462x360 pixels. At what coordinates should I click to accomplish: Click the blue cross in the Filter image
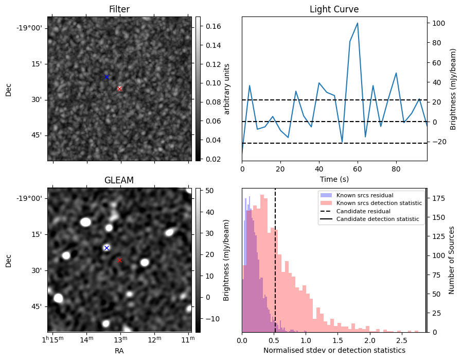point(106,77)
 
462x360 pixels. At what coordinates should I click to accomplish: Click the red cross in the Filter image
point(119,89)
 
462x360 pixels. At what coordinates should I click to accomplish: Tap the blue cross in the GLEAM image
point(106,248)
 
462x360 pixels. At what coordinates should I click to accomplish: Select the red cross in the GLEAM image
point(119,261)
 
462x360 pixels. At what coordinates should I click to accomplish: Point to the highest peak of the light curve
point(358,23)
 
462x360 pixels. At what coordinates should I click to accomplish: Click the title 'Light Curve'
point(334,9)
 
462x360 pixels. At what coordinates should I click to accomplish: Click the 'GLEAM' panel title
point(119,180)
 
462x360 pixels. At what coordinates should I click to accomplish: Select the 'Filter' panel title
point(119,9)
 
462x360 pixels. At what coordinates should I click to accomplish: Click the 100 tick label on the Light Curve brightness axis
point(439,23)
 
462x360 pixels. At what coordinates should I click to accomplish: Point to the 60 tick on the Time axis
point(358,169)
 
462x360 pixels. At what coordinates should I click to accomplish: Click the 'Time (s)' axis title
point(334,179)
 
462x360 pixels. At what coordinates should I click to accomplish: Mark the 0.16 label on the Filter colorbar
point(214,26)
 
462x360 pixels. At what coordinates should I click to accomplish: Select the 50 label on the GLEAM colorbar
point(209,191)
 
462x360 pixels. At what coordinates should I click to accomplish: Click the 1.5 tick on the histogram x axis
point(338,340)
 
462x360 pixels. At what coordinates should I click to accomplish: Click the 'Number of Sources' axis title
point(451,261)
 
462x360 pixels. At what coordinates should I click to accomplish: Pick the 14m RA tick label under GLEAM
point(87,339)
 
